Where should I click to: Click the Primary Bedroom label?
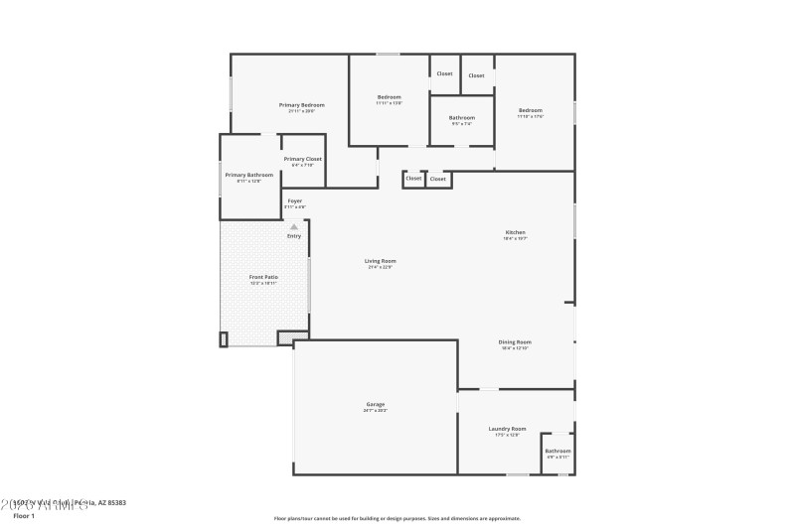tap(301, 105)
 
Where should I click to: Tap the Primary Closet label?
tap(302, 159)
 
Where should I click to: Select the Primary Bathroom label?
tap(248, 175)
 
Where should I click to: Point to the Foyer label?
tap(295, 200)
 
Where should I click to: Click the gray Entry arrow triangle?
tap(294, 227)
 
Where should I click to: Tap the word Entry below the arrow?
tap(294, 236)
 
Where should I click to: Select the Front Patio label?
tap(263, 277)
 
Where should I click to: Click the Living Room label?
tap(381, 261)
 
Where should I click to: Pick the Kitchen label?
tap(515, 233)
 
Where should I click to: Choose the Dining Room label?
tap(515, 342)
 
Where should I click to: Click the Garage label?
tap(376, 404)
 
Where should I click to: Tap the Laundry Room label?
tap(507, 429)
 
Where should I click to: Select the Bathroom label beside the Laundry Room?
tap(557, 451)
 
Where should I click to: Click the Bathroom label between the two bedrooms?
tap(462, 118)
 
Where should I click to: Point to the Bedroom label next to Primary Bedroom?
tap(389, 97)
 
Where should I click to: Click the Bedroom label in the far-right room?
tap(530, 110)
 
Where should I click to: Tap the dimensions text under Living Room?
tap(381, 267)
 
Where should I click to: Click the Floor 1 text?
tap(23, 516)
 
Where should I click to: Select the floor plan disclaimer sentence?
tap(397, 518)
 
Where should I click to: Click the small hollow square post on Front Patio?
tap(224, 339)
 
